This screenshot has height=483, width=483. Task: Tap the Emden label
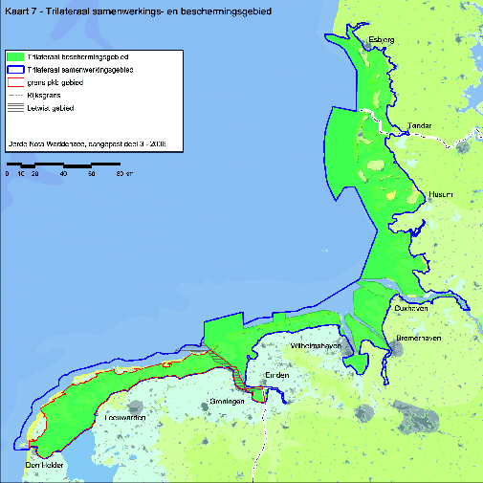pos(277,375)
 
